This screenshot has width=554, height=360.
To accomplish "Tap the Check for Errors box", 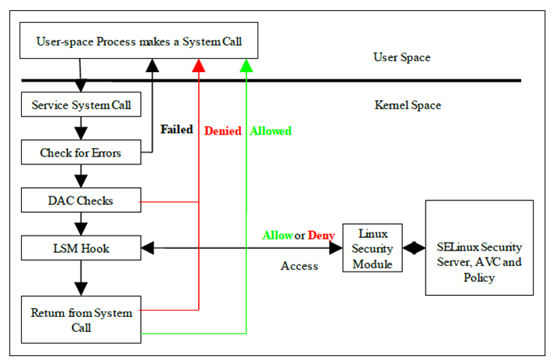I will [x=81, y=153].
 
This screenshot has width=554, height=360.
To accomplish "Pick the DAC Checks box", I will [x=80, y=201].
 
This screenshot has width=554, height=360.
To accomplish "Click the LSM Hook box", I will [x=81, y=249].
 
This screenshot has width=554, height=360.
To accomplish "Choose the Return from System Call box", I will [x=81, y=319].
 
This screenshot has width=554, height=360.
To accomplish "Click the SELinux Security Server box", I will [x=478, y=248].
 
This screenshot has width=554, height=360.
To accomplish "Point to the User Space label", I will [x=401, y=57].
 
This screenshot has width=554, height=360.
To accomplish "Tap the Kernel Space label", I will [x=408, y=105].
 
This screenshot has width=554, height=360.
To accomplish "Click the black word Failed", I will [x=177, y=130].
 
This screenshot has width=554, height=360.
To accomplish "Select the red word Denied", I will [x=222, y=131].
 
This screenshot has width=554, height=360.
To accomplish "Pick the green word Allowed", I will [x=271, y=131].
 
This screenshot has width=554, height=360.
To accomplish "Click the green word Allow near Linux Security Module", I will [x=276, y=235].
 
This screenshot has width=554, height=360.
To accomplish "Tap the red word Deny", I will [x=321, y=235].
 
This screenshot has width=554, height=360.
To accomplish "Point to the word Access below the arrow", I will [x=299, y=266].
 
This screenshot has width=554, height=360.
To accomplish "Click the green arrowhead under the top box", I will [x=246, y=65].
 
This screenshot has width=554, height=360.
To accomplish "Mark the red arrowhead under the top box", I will [x=199, y=65].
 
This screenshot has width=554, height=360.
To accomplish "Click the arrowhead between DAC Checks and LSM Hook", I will [x=81, y=228].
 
